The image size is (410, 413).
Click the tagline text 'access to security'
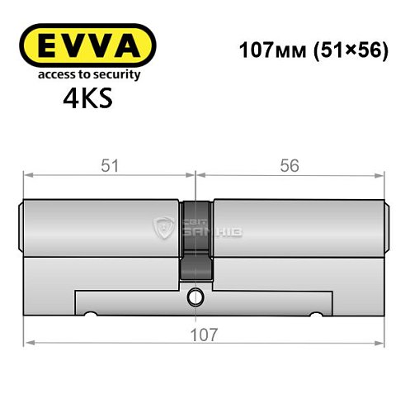87,74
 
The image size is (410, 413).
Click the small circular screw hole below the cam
195,297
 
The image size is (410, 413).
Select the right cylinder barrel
297,227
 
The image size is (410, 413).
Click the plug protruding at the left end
21,227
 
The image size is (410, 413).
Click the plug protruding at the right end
385,227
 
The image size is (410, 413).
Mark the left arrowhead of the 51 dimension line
27,173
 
